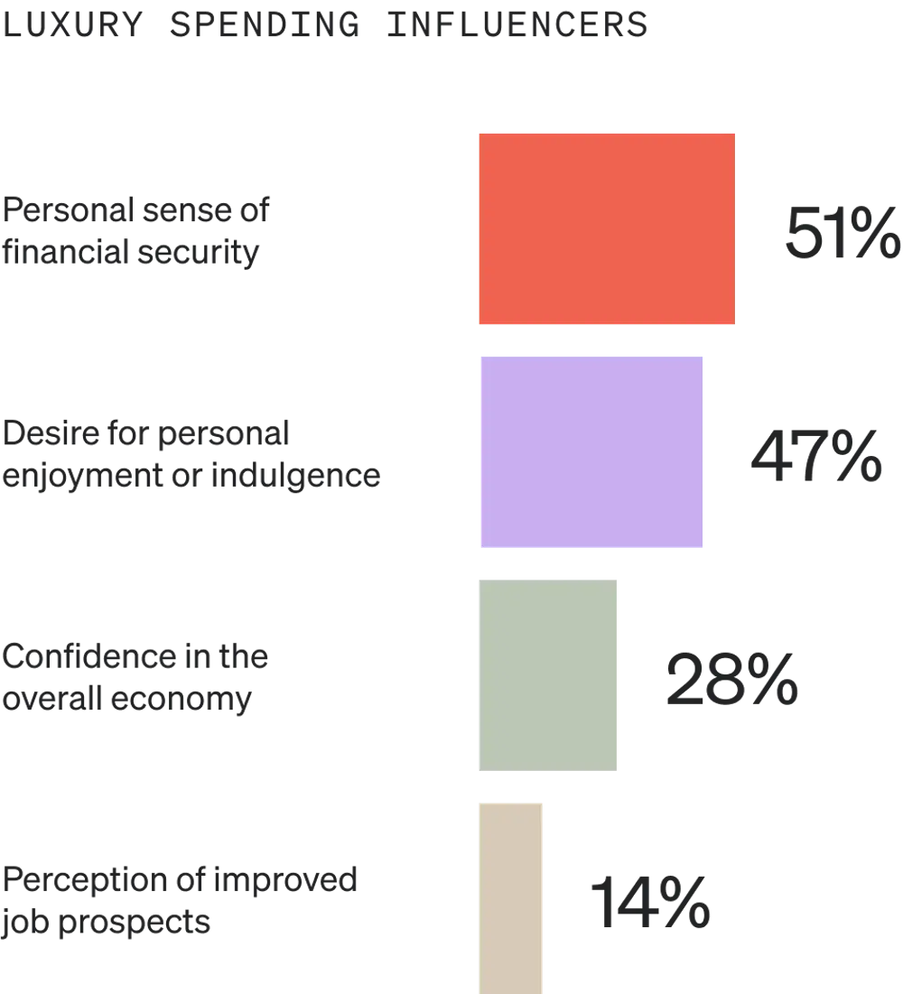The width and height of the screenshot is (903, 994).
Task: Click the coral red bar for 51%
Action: (x=606, y=228)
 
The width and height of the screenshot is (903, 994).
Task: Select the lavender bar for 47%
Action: (x=591, y=451)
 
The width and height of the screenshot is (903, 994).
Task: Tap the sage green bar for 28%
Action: (x=548, y=674)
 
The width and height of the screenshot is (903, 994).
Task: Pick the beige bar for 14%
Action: (x=512, y=897)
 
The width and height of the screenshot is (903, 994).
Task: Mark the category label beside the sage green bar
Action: (x=135, y=679)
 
